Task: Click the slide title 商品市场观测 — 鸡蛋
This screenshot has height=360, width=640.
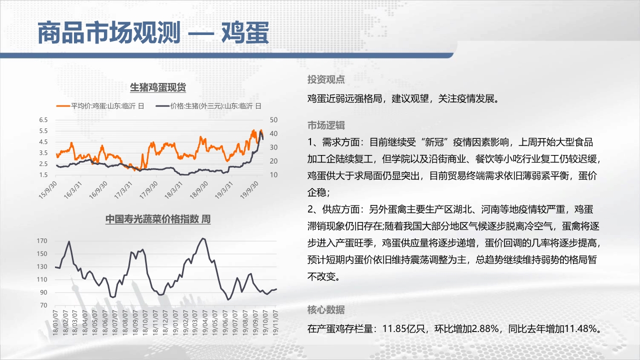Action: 153,32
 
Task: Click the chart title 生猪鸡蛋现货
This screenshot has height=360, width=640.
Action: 158,87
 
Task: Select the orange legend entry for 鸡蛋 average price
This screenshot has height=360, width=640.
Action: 100,106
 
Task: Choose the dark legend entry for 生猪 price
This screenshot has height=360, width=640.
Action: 208,106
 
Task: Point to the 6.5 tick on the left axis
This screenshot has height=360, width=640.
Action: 43,120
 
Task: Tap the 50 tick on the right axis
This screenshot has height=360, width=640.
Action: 273,120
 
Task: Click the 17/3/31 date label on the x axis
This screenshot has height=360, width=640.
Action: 123,190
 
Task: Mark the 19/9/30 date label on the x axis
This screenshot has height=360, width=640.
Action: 249,190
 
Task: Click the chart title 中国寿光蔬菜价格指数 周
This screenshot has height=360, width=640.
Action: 158,219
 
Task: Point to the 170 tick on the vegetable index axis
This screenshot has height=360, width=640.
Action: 42,241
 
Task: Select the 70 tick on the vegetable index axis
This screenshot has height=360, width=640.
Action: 43,305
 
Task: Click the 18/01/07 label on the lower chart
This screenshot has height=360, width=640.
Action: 55,322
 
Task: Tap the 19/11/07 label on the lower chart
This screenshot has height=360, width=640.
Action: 275,322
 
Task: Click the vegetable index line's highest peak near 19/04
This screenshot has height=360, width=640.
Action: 203,238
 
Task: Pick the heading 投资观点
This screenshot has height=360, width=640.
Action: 326,79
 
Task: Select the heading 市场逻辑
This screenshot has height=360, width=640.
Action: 326,125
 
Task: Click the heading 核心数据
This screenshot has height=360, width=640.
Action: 326,309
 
